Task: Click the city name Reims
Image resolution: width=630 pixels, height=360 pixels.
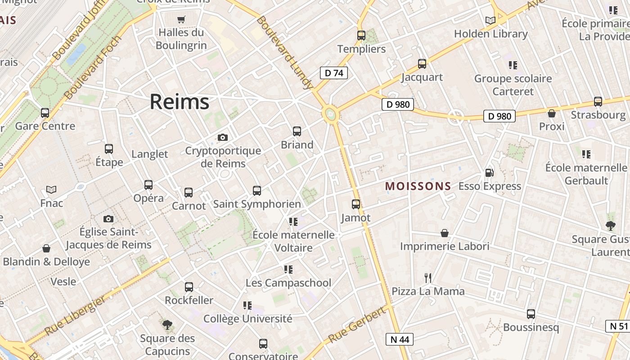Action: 179,102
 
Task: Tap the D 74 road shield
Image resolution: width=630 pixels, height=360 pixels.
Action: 334,73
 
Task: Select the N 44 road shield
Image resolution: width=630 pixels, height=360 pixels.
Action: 400,339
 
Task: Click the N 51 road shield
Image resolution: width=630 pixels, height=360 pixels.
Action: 619,326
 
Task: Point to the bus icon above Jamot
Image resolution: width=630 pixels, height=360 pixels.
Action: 356,204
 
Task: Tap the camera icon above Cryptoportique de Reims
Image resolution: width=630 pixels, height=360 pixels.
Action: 222,137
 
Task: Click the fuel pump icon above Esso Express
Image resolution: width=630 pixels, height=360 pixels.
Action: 489,172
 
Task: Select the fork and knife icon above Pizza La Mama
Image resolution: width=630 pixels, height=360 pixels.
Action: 428,278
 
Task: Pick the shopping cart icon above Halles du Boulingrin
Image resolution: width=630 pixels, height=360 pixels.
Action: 181,19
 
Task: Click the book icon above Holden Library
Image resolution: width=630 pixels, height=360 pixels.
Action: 490,20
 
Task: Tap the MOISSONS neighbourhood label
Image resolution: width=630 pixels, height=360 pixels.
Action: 418,186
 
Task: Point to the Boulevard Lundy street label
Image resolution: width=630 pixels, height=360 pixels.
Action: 284,52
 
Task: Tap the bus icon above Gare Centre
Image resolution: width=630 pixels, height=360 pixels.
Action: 45,113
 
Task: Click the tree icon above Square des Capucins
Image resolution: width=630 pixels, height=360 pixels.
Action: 167,324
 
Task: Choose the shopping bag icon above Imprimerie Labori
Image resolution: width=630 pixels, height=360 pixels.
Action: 445,233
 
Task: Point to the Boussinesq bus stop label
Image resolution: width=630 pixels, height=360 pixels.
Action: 531,327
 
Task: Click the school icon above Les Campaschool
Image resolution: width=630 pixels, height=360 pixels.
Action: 288,270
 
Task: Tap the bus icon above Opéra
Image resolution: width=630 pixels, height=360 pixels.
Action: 148,185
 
